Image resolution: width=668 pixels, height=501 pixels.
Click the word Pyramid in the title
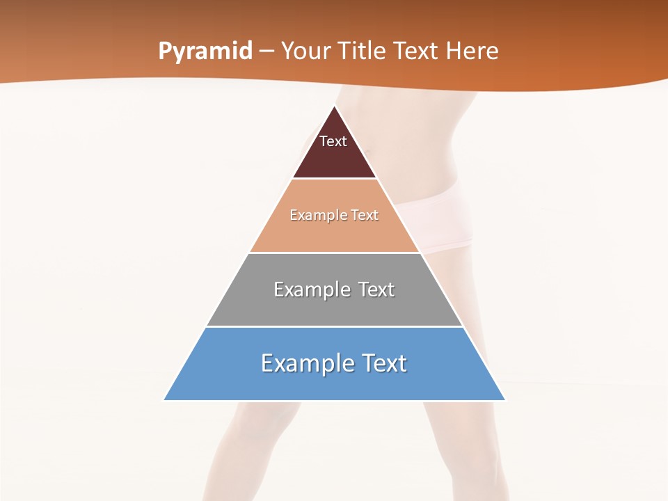pos(205,51)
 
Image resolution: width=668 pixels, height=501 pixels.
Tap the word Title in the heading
pos(366,51)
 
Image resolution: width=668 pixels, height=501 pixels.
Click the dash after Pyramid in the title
pos(266,52)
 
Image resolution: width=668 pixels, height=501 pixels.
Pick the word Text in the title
pos(417,51)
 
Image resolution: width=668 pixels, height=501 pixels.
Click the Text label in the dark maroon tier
pos(333,141)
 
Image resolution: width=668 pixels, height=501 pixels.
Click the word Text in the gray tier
pos(376,289)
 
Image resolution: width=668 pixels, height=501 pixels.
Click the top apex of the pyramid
pos(335,106)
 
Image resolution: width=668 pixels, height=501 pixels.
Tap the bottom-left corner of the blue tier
pos(165,399)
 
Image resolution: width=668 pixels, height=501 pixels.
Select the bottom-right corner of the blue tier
pos(504,399)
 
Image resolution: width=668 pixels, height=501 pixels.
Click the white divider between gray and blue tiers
pos(334,326)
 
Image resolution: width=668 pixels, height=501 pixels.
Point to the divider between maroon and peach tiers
pos(334,179)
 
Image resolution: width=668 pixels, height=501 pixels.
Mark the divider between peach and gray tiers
pos(334,253)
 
